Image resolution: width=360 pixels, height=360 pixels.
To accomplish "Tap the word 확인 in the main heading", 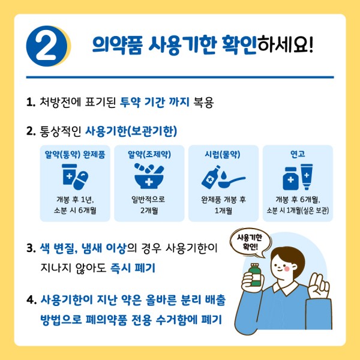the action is tap(239, 45).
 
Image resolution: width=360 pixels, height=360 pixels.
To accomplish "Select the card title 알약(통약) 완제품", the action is tap(75, 155).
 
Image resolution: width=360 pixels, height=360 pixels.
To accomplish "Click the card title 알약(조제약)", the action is tap(149, 155).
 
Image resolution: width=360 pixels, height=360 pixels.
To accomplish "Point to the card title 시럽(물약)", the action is tap(223, 155).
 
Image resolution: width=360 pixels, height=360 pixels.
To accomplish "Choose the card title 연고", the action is tap(298, 154).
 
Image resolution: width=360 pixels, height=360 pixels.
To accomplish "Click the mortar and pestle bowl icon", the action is tap(149, 176).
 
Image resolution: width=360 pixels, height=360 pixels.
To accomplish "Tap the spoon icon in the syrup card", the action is tap(232, 182).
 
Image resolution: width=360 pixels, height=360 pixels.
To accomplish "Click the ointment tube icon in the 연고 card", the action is tap(307, 176).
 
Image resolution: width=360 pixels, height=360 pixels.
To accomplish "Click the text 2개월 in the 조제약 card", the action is tap(149, 211).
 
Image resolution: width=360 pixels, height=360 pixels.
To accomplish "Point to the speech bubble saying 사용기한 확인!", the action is tap(250, 242).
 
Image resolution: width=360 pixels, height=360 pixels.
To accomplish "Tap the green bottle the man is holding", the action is tap(256, 275).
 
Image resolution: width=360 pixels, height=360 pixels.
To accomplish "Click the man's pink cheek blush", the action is tap(287, 268).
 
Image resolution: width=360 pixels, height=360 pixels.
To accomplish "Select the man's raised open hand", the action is tap(319, 286).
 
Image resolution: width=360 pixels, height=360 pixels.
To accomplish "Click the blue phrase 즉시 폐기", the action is tap(133, 268).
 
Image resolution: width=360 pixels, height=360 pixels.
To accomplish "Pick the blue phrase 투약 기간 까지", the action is tap(155, 102).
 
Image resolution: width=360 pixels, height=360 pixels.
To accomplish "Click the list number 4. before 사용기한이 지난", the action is tap(31, 300).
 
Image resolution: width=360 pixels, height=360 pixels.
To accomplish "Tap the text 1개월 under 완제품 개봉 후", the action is tap(223, 211).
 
